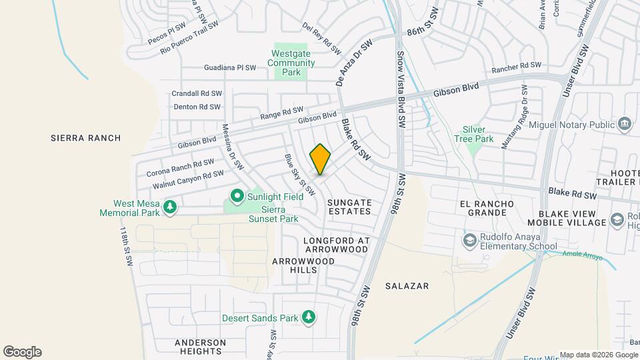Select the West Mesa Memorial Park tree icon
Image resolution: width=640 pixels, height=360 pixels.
point(170,207)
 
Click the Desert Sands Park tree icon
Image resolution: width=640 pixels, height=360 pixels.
point(308,317)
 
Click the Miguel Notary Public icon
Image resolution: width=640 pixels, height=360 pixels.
point(625,124)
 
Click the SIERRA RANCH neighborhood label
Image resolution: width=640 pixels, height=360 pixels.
point(86,138)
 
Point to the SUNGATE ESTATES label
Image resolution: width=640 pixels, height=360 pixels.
point(349,206)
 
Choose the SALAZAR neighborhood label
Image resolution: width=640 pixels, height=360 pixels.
point(407,285)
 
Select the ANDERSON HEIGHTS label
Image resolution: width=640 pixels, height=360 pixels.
point(198,347)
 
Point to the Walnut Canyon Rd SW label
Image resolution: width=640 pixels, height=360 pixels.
point(188,179)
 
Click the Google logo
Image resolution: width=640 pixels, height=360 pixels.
point(22,351)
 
